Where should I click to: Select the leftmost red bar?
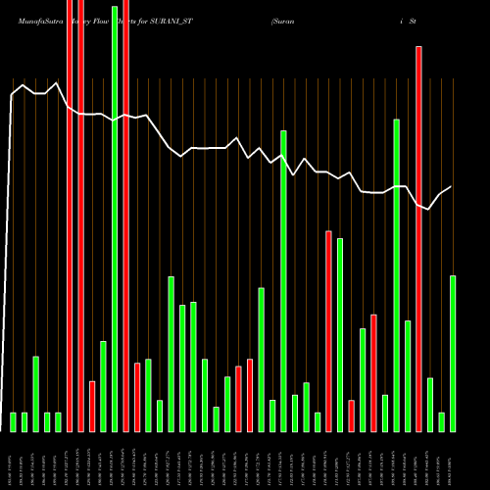coord(70,216)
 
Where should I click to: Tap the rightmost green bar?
coord(453,353)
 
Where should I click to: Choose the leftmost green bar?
coord(14,421)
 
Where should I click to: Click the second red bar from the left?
coord(80,216)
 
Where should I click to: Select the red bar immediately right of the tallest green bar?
coord(125,216)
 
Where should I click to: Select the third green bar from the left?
coord(36,393)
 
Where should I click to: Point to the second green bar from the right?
coord(441,421)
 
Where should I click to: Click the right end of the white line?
coord(452,186)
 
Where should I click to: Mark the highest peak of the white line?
coord(59,83)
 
